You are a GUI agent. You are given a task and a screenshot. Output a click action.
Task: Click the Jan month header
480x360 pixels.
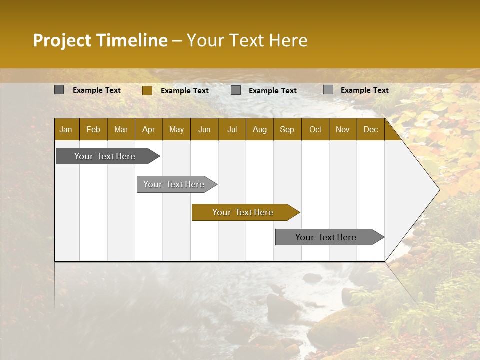pos(66,129)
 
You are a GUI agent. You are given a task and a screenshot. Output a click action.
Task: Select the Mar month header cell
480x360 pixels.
pos(121,129)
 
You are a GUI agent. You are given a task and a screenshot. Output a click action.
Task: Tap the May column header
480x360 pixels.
pos(176,129)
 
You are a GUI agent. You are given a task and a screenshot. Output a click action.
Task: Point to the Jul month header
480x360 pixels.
pos(232,129)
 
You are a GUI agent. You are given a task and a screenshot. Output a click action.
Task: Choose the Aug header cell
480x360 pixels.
pos(259,129)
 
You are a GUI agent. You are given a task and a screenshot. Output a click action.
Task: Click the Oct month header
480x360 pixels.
pos(315,129)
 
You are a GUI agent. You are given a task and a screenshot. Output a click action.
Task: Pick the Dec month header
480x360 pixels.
pos(370,129)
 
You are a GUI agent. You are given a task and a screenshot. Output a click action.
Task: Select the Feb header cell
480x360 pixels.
pos(93,129)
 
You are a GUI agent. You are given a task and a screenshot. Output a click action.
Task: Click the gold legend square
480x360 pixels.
pos(147,90)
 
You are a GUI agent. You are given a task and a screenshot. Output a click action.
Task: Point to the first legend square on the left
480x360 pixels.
pos(59,90)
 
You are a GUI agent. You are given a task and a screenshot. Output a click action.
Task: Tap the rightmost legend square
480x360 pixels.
pos(328,90)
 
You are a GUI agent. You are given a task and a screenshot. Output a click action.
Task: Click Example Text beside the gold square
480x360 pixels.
pos(184,91)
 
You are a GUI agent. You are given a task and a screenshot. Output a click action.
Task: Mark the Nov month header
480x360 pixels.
pos(342,129)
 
